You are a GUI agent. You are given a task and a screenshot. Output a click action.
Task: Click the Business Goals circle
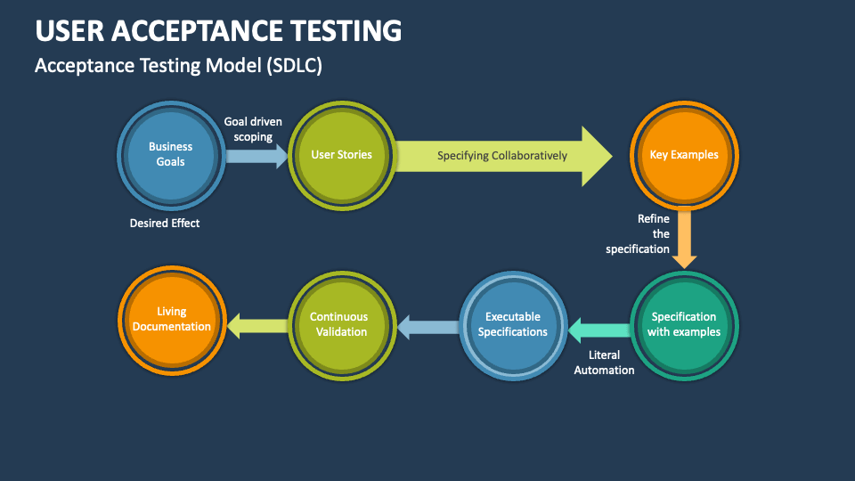171,154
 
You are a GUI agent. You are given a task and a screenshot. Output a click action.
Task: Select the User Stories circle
341,154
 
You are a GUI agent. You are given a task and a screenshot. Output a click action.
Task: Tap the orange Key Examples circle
683,154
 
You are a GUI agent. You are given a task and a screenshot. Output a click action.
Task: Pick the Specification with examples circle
683,324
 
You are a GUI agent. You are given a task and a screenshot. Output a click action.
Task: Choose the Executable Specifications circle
512,324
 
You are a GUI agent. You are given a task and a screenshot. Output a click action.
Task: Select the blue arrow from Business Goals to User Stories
256,157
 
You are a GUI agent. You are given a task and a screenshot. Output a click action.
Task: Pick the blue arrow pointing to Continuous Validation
427,328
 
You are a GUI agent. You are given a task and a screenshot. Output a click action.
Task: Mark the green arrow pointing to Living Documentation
256,327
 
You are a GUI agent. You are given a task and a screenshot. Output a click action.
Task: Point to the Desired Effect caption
165,224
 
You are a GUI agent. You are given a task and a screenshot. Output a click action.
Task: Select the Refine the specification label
638,233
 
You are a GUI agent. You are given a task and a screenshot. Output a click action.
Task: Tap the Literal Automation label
605,363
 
